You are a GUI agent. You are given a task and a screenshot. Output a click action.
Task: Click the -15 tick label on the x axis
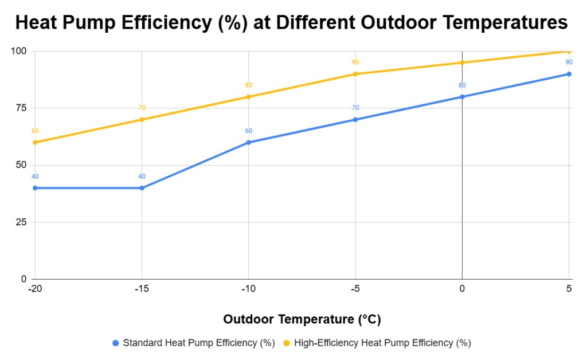pyautogui.click(x=142, y=289)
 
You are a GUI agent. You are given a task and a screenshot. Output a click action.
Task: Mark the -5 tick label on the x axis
pyautogui.click(x=355, y=289)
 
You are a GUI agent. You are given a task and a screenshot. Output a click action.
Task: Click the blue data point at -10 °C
pyautogui.click(x=248, y=142)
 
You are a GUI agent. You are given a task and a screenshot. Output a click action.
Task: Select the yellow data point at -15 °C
pyautogui.click(x=142, y=119)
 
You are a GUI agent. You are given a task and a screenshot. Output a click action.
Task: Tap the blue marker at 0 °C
pyautogui.click(x=462, y=96)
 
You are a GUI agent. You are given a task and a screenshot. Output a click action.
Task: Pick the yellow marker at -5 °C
pyautogui.click(x=355, y=74)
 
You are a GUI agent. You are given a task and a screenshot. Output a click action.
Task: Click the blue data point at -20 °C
pyautogui.click(x=35, y=188)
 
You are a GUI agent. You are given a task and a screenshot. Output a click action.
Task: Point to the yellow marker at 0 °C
pyautogui.click(x=462, y=62)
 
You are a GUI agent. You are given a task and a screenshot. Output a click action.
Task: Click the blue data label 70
pyautogui.click(x=355, y=108)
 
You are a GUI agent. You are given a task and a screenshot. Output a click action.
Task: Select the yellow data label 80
pyautogui.click(x=248, y=85)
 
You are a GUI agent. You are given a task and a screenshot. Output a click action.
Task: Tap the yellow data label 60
pyautogui.click(x=35, y=131)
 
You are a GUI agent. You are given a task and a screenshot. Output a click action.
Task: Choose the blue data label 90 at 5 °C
pyautogui.click(x=569, y=62)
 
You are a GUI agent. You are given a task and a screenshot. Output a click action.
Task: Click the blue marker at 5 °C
pyautogui.click(x=569, y=74)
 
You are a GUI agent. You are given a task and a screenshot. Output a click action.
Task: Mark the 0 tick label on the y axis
pyautogui.click(x=24, y=279)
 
